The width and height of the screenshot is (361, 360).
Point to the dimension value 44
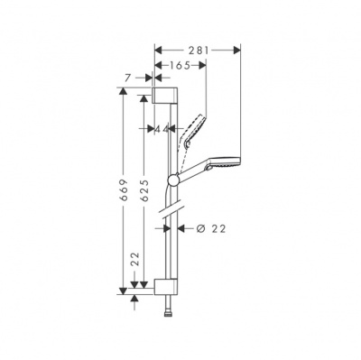163,128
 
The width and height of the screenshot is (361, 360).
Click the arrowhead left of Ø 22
182,229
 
